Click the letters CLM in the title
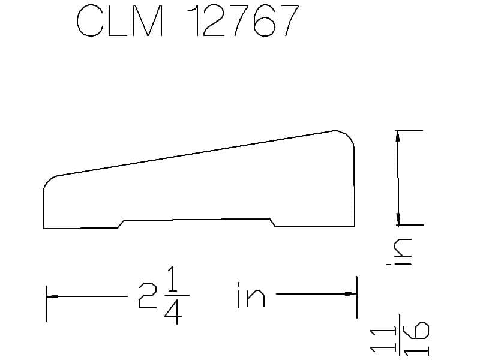point(119,21)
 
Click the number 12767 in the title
point(243,20)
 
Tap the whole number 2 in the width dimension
point(148,295)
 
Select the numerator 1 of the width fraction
point(173,279)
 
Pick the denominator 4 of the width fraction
point(173,311)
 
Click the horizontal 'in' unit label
point(251,295)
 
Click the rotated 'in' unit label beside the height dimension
point(399,251)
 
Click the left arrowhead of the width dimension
point(52,296)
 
